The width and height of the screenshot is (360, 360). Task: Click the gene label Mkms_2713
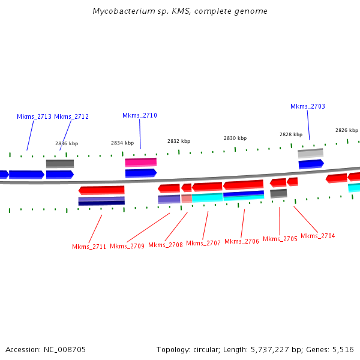34,116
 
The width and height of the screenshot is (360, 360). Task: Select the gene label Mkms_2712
71,116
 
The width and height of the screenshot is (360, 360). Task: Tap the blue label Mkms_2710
140,115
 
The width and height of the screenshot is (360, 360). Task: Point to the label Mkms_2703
308,106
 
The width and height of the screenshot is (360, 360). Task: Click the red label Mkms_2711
89,247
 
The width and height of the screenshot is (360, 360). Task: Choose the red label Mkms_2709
127,246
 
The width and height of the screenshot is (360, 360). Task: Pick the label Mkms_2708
165,245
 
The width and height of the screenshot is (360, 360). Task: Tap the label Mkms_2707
203,243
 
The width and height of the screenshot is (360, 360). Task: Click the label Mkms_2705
280,239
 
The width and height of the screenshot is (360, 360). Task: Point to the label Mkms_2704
318,236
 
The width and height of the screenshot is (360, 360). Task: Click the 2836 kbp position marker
67,143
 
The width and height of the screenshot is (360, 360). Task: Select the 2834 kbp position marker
122,143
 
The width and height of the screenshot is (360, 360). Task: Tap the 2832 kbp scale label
179,141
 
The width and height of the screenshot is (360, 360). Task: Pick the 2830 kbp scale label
235,138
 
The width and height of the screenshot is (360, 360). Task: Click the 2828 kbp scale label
291,134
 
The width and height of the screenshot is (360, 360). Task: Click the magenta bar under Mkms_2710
140,162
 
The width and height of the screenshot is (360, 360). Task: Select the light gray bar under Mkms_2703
310,154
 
